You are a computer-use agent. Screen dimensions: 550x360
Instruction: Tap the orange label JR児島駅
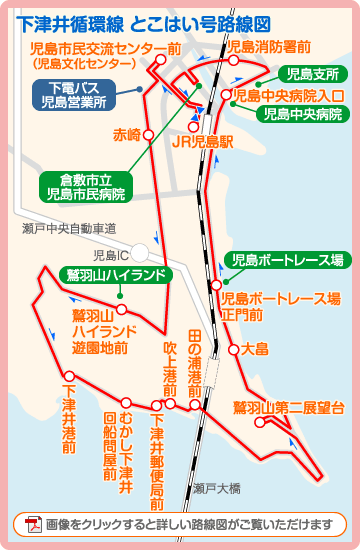coord(202,142)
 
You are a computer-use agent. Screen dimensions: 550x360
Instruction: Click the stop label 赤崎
coord(127,133)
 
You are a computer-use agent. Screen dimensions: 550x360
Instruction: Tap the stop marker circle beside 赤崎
coord(149,133)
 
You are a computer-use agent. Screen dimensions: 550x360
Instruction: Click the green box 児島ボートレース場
coord(287,260)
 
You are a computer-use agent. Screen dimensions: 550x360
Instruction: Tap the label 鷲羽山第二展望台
coord(288,407)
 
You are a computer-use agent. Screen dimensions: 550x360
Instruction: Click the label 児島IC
coord(112,256)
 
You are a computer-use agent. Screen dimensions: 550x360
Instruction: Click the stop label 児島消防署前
coord(269,46)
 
